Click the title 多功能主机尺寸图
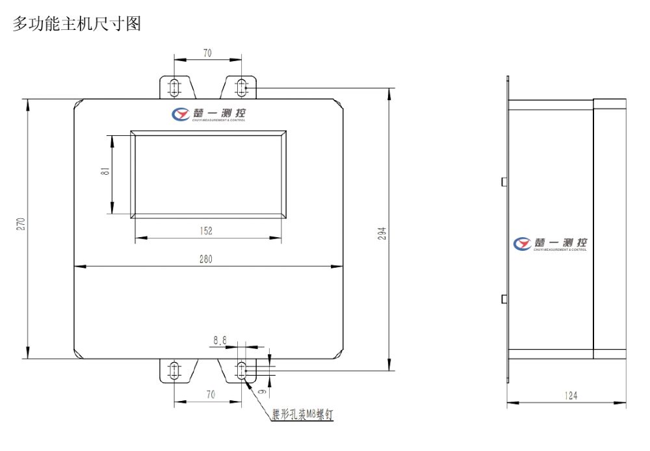click(77, 25)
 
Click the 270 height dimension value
click(20, 224)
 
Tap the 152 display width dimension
click(207, 231)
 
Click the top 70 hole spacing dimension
click(207, 54)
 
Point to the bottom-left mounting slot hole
click(174, 370)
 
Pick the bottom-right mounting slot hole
click(241, 370)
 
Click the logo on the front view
click(208, 114)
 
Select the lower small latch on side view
click(504, 298)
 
